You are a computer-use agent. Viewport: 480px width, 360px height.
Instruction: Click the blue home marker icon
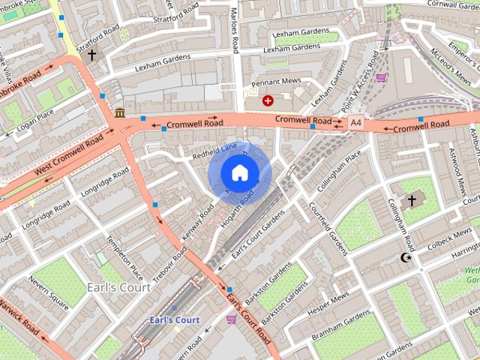tap(239, 172)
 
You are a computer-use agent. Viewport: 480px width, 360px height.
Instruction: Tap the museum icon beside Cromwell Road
tap(120, 113)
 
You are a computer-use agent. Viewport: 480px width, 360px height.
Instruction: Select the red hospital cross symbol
tap(268, 100)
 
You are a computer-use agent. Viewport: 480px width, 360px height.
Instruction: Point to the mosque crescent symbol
tap(406, 258)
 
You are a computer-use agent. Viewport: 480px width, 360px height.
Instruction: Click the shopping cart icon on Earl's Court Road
tap(231, 319)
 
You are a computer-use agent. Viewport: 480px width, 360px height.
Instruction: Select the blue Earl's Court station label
tap(174, 320)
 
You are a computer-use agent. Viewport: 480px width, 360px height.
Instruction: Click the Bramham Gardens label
tap(340, 325)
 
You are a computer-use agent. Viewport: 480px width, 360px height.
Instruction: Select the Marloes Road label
tap(234, 30)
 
